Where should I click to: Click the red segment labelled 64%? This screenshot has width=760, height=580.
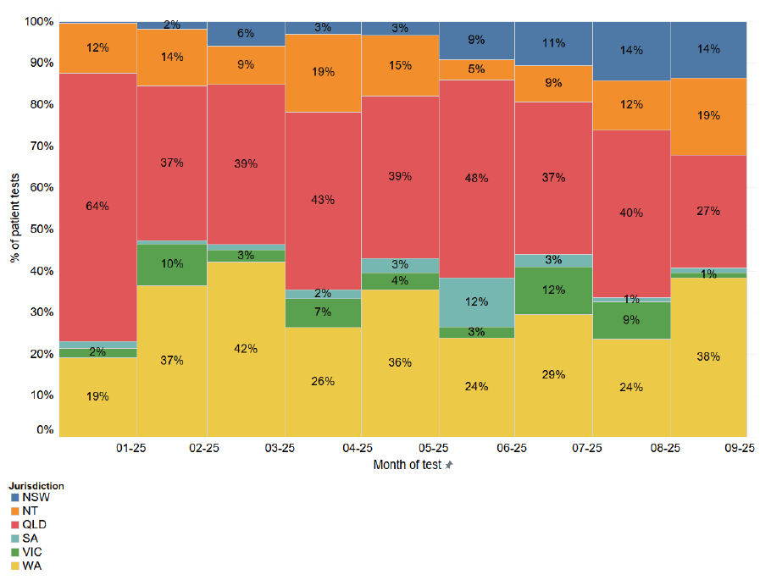coord(97,207)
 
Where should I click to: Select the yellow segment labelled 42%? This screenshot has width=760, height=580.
coord(246,349)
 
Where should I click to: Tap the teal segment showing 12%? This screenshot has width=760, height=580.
coord(476,302)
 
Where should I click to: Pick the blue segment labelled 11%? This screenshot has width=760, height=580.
coord(553,43)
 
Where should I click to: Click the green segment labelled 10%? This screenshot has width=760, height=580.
coord(171,264)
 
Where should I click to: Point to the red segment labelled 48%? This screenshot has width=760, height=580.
coord(476,179)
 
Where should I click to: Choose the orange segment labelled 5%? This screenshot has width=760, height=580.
coord(476,69)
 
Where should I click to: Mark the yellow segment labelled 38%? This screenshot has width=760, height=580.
coord(708,356)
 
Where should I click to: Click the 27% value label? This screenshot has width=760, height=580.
coord(708,211)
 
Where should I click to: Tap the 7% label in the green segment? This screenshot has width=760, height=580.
coord(324,312)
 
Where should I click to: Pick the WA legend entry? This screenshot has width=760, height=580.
coord(31,566)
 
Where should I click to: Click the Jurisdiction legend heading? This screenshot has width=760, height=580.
coord(36,486)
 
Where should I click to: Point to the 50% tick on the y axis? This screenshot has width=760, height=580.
coord(42,229)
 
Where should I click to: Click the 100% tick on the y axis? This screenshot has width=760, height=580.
coord(40,21)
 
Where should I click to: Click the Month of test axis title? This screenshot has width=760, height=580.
coord(407,465)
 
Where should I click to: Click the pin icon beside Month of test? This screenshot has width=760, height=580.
coord(449,466)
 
